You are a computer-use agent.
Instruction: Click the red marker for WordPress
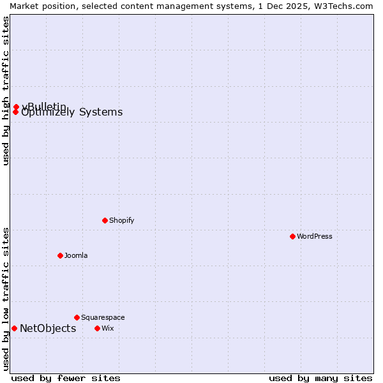(292, 236)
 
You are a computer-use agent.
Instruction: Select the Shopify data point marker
(105, 220)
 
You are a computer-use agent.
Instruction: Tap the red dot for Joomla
(60, 255)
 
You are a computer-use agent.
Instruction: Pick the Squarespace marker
(77, 317)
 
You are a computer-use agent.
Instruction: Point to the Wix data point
(97, 328)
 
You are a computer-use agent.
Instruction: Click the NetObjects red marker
(14, 328)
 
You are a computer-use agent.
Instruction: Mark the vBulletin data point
(16, 107)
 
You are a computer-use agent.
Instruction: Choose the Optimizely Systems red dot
(15, 112)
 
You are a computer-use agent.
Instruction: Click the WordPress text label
(315, 236)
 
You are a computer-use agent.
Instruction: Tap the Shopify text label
(121, 220)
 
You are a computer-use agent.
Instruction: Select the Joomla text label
(76, 255)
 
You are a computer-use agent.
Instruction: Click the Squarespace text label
(103, 317)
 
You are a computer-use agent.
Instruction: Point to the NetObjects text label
(48, 329)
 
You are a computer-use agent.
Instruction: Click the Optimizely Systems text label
(72, 113)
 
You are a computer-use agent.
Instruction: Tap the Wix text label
(107, 328)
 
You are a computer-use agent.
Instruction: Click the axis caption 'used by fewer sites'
(66, 378)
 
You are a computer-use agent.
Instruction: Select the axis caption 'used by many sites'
(320, 378)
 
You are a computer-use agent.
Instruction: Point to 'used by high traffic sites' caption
(6, 91)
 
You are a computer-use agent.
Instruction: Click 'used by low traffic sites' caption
(6, 298)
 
